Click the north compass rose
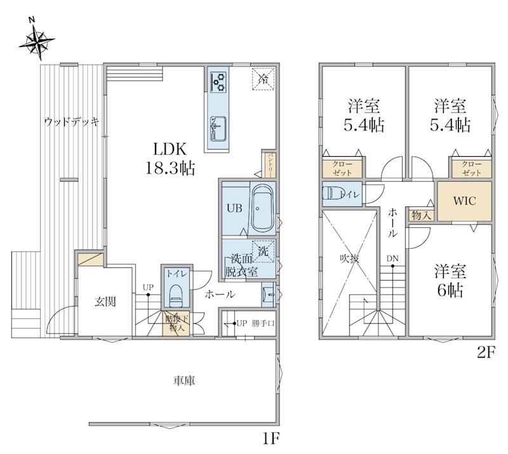36,41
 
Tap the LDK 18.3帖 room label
170,159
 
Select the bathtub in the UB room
262,208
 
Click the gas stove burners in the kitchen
218,82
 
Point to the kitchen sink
218,129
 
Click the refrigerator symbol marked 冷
263,79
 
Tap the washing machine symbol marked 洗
263,251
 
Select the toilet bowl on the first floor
176,295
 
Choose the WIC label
464,201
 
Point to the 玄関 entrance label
105,302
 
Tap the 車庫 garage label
184,380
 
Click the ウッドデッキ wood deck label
71,122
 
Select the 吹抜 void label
349,258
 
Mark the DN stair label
392,259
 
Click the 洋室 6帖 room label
450,281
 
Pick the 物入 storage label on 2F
421,215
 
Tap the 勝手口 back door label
263,323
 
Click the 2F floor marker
486,352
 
